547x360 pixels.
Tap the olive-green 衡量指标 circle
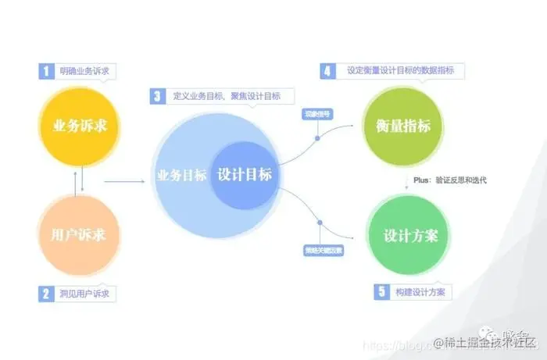pyautogui.click(x=402, y=127)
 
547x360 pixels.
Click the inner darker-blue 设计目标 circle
pyautogui.click(x=244, y=175)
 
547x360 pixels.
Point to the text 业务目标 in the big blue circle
pyautogui.click(x=181, y=175)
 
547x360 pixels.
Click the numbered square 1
pyautogui.click(x=47, y=71)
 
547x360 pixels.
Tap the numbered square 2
pyautogui.click(x=47, y=294)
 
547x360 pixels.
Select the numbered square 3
pyautogui.click(x=157, y=96)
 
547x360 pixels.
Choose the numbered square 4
pyautogui.click(x=327, y=71)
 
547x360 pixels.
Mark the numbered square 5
pyautogui.click(x=381, y=291)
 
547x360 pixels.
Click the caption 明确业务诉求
pyautogui.click(x=84, y=71)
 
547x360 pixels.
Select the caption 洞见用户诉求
pyautogui.click(x=84, y=294)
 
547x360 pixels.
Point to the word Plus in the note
pyautogui.click(x=422, y=180)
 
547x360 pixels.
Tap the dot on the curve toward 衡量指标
pyautogui.click(x=317, y=137)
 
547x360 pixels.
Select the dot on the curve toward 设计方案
pyautogui.click(x=320, y=223)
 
